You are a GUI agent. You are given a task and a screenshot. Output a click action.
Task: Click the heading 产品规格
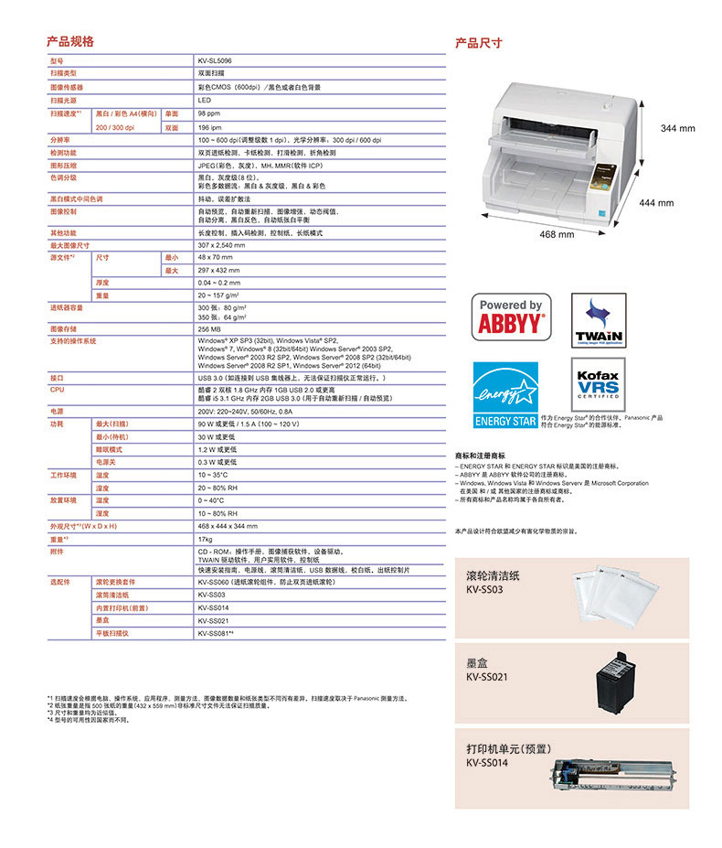coord(70,42)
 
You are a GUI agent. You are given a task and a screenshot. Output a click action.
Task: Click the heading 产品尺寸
coord(478,43)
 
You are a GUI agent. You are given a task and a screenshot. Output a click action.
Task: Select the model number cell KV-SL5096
coord(215,60)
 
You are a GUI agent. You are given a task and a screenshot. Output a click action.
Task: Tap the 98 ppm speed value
coord(208,113)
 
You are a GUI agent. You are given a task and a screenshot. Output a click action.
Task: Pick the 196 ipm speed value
coord(208,128)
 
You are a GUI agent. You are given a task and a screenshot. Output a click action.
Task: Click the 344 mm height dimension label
coord(677,129)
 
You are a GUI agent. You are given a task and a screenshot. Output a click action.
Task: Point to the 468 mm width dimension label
coord(557,235)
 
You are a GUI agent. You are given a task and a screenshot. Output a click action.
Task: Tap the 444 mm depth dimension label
coord(655,202)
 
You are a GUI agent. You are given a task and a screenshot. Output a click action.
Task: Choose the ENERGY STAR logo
coord(505,394)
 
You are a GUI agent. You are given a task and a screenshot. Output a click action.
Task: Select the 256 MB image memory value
coord(209,328)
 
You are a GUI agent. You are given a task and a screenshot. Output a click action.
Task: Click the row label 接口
coord(57,377)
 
